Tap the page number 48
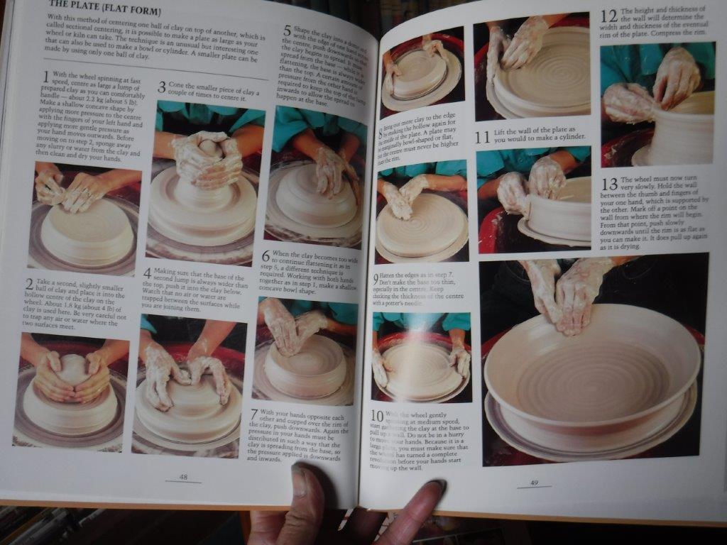183,477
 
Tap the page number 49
534,483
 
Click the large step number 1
46,75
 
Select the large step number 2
29,284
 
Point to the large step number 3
161,87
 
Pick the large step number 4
147,273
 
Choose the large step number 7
255,414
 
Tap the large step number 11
483,136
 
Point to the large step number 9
376,278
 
